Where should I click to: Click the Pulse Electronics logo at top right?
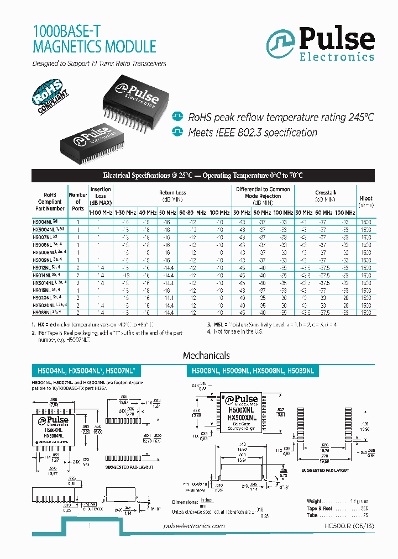[321, 44]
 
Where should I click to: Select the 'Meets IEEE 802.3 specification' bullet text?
[253, 133]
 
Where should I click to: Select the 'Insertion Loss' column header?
[101, 196]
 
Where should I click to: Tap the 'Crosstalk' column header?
[326, 193]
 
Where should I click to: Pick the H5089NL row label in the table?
[46, 312]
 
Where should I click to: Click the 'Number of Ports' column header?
[78, 201]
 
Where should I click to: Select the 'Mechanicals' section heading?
[206, 356]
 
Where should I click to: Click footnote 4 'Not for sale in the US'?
[232, 331]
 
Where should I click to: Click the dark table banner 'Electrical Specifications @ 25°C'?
[203, 176]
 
